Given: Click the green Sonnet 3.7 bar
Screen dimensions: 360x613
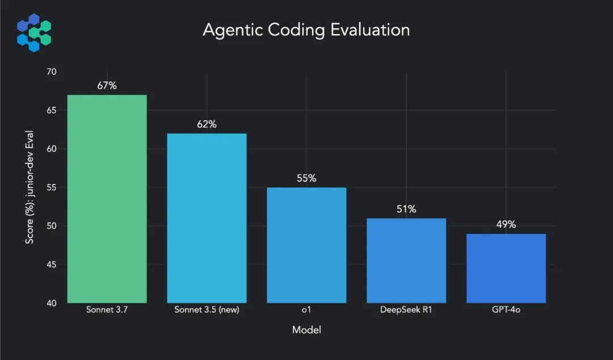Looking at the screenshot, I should (x=107, y=199).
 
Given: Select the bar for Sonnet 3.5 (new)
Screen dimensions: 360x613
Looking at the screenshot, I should (x=207, y=218).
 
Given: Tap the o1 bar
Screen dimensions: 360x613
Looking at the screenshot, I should (x=306, y=245).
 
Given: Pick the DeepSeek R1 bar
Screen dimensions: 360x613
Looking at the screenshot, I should (x=406, y=261).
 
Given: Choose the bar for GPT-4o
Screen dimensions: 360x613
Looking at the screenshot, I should (x=506, y=269).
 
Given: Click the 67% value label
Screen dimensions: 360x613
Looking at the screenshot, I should (x=107, y=86).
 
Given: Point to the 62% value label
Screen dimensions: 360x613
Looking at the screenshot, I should (x=207, y=124).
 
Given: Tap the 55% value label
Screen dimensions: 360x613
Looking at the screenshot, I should (x=306, y=178).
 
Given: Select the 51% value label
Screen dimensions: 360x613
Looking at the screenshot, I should (x=406, y=209).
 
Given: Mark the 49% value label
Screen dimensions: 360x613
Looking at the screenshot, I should (x=506, y=224).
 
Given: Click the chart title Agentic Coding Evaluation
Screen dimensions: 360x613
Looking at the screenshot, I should (x=306, y=30).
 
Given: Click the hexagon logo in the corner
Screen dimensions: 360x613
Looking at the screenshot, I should (x=34, y=33).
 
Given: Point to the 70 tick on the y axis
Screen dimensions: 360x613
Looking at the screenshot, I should (x=52, y=72).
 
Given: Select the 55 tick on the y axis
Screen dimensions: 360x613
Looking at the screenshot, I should (x=52, y=187).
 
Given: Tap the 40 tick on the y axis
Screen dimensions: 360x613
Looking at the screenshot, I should (x=52, y=303).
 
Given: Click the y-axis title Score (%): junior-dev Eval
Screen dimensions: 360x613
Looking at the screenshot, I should (x=30, y=187).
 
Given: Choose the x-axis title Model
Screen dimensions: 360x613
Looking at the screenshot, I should (x=306, y=330).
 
